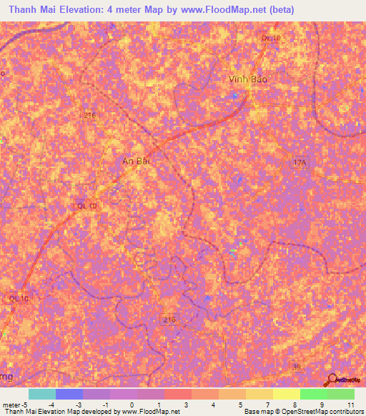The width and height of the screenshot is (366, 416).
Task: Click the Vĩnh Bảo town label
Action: pyautogui.click(x=248, y=79)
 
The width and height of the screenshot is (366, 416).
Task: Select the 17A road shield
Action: pyautogui.click(x=300, y=164)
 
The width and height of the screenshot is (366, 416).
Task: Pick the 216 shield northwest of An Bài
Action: pyautogui.click(x=89, y=114)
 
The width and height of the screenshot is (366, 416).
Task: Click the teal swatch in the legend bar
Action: pyautogui.click(x=42, y=394)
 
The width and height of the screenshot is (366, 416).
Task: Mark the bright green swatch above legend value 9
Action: pyautogui.click(x=314, y=394)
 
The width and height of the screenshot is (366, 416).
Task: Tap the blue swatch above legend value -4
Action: pyautogui.click(x=69, y=394)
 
